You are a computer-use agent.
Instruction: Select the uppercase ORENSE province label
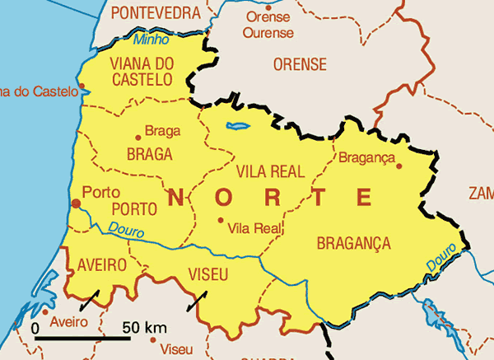click(300, 64)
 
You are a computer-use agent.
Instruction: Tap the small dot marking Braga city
click(137, 138)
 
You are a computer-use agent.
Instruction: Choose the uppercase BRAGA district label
click(150, 154)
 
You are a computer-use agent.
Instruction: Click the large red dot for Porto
click(76, 203)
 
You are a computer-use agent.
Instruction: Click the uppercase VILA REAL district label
click(270, 171)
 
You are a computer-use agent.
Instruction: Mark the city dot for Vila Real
click(220, 220)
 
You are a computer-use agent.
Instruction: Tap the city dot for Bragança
click(399, 166)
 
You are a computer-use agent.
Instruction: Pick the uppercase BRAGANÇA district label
click(353, 243)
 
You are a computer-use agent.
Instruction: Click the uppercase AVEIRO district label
click(102, 265)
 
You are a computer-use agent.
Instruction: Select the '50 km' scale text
click(144, 328)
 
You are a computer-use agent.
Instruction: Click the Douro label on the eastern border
click(441, 259)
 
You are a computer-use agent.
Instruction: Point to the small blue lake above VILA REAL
click(238, 127)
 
